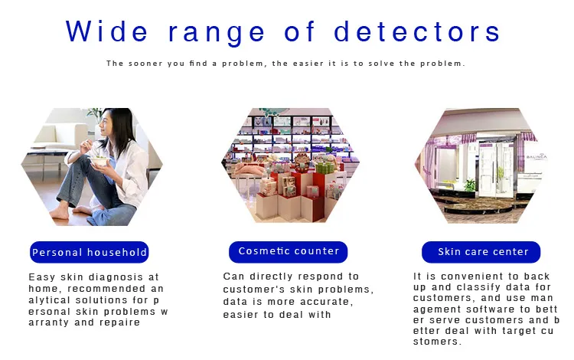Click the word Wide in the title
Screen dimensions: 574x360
point(106,31)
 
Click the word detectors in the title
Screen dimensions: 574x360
point(417,31)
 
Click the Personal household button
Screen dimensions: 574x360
point(90,252)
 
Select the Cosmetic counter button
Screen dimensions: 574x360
point(288,251)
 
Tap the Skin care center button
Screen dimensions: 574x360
point(481,252)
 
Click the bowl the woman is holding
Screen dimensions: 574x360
point(99,161)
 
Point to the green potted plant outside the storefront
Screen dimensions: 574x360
point(469,185)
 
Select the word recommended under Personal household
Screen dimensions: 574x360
point(107,289)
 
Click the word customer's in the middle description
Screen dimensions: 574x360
point(253,290)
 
